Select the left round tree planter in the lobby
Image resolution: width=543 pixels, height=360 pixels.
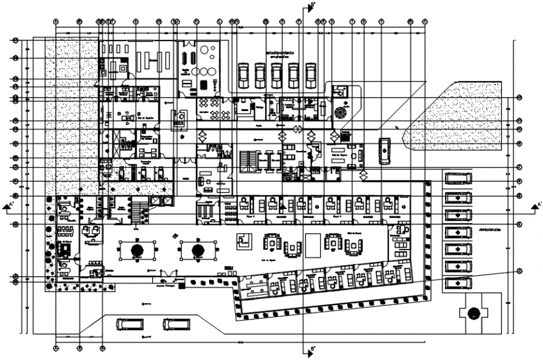click(137, 251)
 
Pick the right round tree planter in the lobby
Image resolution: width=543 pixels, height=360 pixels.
click(198, 251)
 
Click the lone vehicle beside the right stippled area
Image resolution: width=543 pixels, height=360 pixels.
click(384, 149)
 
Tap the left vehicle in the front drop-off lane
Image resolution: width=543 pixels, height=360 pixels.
click(129, 324)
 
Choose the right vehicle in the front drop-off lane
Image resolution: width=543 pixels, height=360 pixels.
click(175, 324)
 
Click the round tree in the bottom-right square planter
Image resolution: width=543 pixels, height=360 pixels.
click(474, 313)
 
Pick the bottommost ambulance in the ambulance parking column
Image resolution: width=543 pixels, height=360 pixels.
click(459, 284)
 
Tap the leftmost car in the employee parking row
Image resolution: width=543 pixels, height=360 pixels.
click(244, 75)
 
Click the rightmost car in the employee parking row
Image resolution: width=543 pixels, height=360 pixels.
click(310, 75)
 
